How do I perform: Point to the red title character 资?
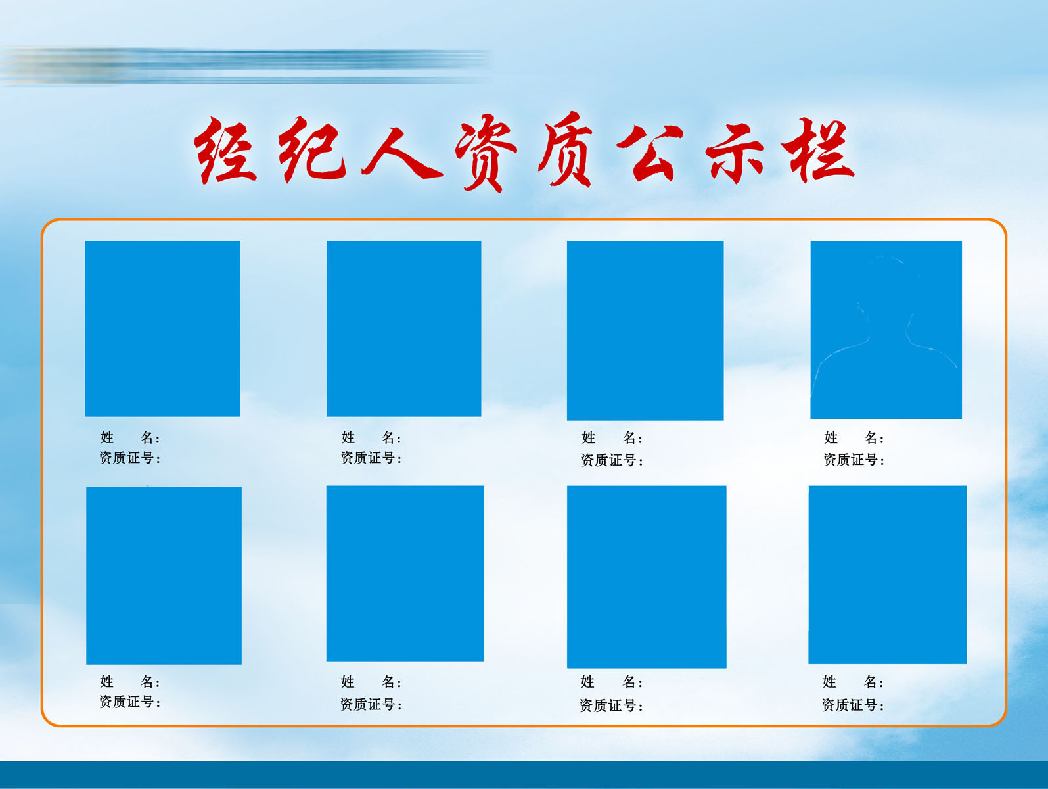click(x=486, y=153)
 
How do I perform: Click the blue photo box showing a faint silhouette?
click(x=886, y=329)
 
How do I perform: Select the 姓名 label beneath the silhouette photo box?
click(x=854, y=438)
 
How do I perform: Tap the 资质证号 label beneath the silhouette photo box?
click(x=854, y=460)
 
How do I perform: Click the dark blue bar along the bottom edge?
click(x=524, y=775)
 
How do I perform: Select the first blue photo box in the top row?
click(x=162, y=328)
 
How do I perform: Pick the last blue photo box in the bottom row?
click(x=887, y=575)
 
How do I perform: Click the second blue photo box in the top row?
click(x=403, y=328)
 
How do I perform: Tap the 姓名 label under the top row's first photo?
click(x=129, y=438)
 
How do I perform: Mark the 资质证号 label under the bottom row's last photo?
click(x=852, y=705)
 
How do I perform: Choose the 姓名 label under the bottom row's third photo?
click(x=611, y=682)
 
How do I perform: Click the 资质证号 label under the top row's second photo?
click(x=371, y=458)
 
